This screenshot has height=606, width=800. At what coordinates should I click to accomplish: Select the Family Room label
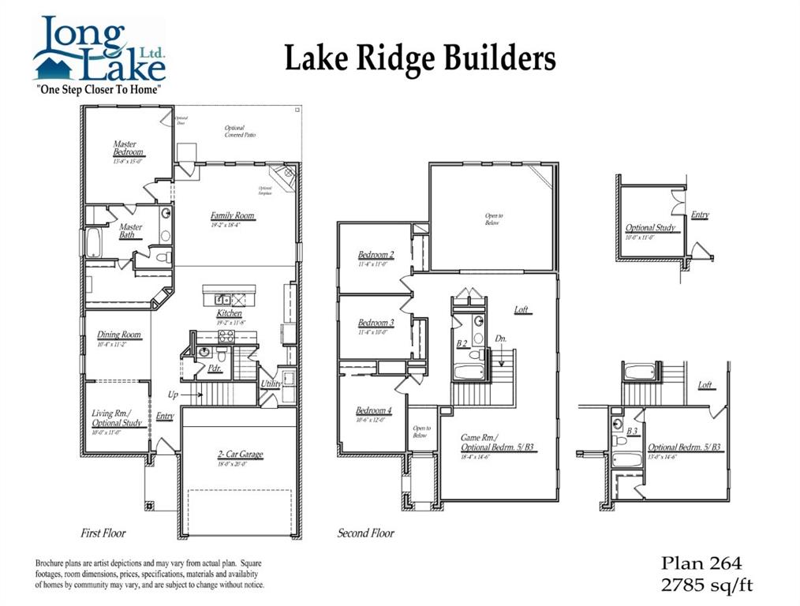point(233,215)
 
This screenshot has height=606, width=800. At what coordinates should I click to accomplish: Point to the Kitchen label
point(229,313)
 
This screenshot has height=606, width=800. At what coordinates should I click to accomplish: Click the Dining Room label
point(119,335)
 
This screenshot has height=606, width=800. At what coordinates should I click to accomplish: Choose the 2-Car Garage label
point(240,454)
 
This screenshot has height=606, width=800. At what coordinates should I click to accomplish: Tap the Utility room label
point(271,384)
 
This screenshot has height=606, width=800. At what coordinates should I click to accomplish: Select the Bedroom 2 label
point(376,255)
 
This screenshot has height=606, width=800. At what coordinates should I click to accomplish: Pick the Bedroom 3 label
point(376,323)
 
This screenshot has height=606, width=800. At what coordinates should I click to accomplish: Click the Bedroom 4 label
point(373,410)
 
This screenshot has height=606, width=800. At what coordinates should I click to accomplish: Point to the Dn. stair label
point(501,339)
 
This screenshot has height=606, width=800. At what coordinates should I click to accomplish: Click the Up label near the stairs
point(173,394)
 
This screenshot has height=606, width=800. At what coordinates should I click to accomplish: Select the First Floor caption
point(103,533)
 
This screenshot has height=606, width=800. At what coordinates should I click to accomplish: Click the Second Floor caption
point(366,533)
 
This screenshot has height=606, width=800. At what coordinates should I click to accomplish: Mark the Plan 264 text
point(701,563)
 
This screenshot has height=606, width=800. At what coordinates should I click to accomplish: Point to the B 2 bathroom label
point(463,343)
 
